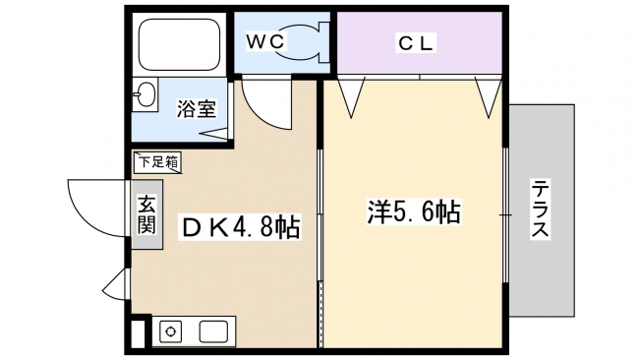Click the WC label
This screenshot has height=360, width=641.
[x=264, y=41]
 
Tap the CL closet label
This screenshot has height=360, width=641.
[x=416, y=42]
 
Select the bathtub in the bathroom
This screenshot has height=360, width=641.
[x=179, y=44]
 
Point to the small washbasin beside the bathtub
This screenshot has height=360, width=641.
[x=146, y=93]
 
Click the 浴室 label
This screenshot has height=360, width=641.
[x=197, y=108]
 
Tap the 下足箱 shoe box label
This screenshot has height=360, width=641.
[x=158, y=162]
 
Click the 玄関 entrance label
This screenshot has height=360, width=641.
[x=146, y=214]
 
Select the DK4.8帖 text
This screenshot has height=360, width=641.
[x=241, y=226]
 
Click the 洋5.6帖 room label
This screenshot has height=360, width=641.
[x=414, y=211]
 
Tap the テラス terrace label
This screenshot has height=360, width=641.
[x=540, y=209]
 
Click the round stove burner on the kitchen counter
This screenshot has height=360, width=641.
[x=170, y=331]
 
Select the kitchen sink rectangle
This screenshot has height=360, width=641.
[x=213, y=331]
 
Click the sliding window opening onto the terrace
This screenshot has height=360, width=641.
[x=505, y=214]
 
